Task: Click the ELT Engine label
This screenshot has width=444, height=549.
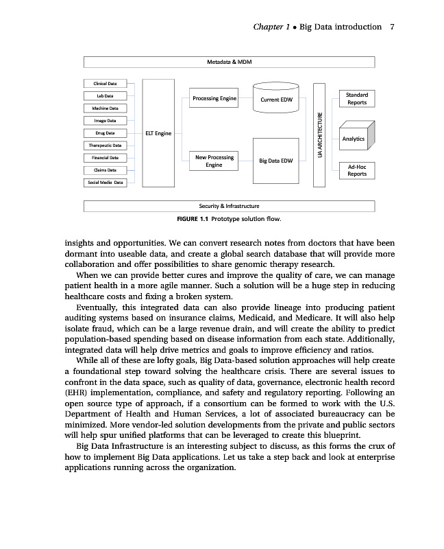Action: point(158,133)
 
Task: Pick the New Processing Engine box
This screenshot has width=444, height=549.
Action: point(214,161)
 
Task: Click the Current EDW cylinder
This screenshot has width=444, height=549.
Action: point(277,100)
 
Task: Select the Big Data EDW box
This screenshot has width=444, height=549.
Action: point(277,161)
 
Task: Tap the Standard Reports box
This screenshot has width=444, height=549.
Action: point(356,99)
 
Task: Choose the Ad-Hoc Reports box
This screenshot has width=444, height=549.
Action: point(356,170)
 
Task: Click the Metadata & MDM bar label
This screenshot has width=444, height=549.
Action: point(230,62)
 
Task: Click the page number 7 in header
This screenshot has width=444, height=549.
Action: point(391,27)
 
